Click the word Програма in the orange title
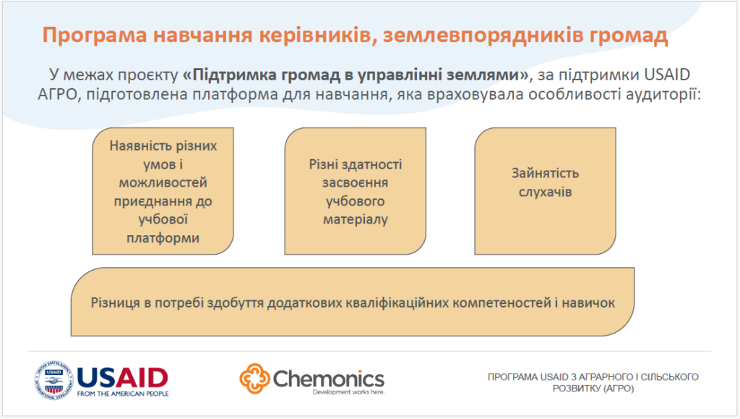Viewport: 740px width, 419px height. tap(95, 35)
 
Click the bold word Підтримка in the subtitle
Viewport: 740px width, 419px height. tap(235, 75)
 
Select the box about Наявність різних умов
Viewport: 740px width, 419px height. tap(163, 191)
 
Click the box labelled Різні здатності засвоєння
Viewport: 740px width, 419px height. tap(356, 191)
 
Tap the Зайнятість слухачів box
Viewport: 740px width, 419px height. tap(545, 191)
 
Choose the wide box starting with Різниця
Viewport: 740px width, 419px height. tap(353, 302)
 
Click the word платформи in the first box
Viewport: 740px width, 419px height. tap(163, 237)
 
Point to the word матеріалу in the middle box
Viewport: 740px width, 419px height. tap(356, 220)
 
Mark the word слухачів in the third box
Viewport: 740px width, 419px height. tap(545, 192)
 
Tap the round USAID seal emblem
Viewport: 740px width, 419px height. tap(53, 380)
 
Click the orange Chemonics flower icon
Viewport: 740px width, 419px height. tap(255, 378)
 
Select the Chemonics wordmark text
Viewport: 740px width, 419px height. tap(329, 378)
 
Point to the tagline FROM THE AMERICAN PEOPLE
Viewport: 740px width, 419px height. tap(123, 394)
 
